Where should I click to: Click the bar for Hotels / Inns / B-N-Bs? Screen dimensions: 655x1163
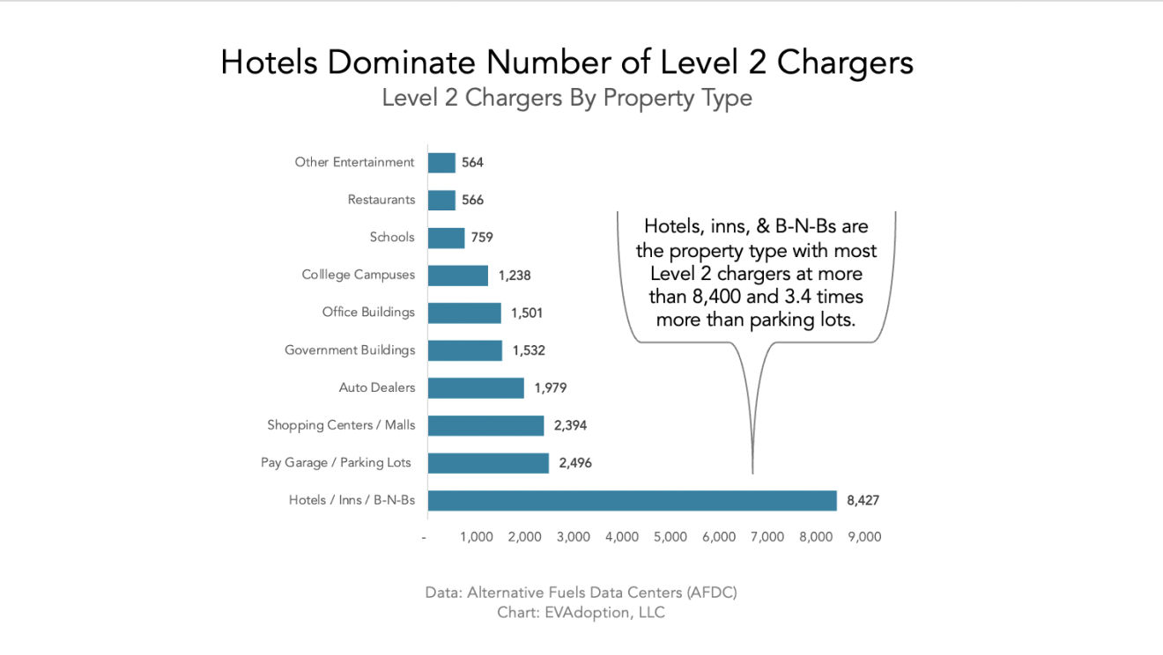pos(632,500)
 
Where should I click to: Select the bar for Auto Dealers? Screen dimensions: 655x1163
pos(476,387)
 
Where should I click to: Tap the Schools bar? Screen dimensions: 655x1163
pos(446,238)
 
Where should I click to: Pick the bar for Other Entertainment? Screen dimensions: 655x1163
pos(441,163)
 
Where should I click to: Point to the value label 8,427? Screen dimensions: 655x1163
pos(863,500)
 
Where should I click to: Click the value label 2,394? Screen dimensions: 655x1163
pos(570,425)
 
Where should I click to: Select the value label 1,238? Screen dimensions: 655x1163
pos(515,276)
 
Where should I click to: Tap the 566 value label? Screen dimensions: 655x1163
pos(472,200)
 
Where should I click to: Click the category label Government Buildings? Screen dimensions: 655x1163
pos(349,350)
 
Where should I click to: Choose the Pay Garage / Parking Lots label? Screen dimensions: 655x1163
pos(336,462)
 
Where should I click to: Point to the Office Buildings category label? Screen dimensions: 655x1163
pos(368,313)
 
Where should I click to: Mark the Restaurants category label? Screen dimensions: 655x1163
pos(381,200)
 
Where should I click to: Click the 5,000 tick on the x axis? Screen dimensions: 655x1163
pos(670,537)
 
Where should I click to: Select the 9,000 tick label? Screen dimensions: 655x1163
pos(863,537)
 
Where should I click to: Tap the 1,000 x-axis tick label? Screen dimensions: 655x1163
pos(476,537)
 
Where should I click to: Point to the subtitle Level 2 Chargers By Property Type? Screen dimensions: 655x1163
pos(567,98)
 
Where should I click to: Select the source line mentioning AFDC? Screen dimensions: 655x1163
pos(581,592)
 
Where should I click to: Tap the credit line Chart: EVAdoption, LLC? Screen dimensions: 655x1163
pos(581,612)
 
